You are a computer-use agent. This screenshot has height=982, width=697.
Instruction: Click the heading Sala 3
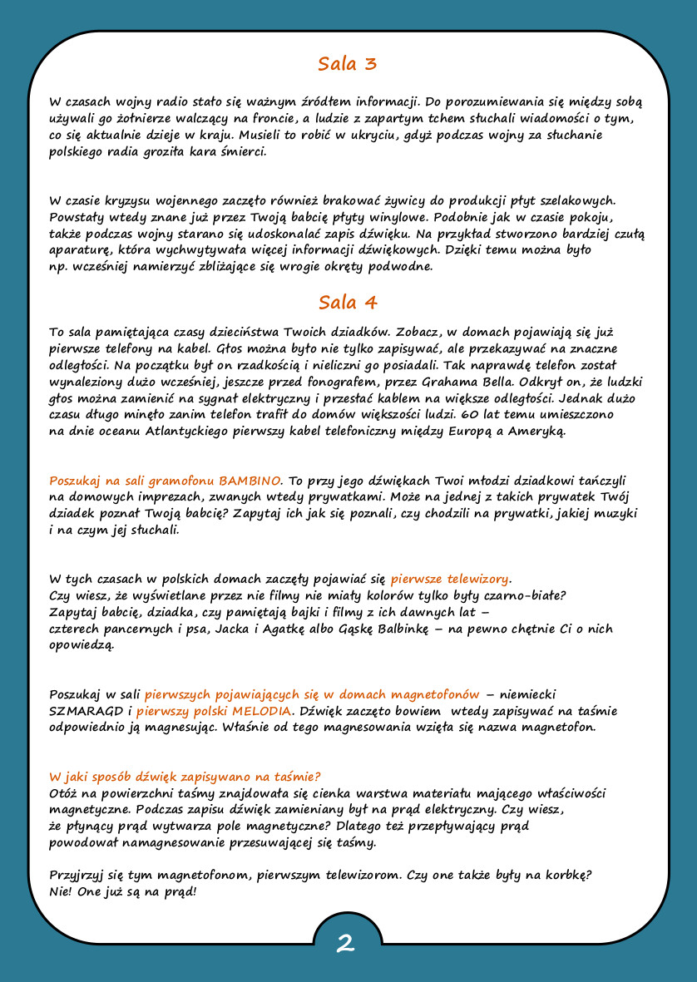pos(348,64)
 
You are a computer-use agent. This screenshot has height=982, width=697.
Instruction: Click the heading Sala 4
pos(348,302)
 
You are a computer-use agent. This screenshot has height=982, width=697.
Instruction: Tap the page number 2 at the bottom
pos(346,943)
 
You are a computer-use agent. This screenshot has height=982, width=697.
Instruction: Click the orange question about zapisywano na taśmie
pos(185,776)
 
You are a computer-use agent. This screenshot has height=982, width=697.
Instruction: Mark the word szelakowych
pos(577,200)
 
